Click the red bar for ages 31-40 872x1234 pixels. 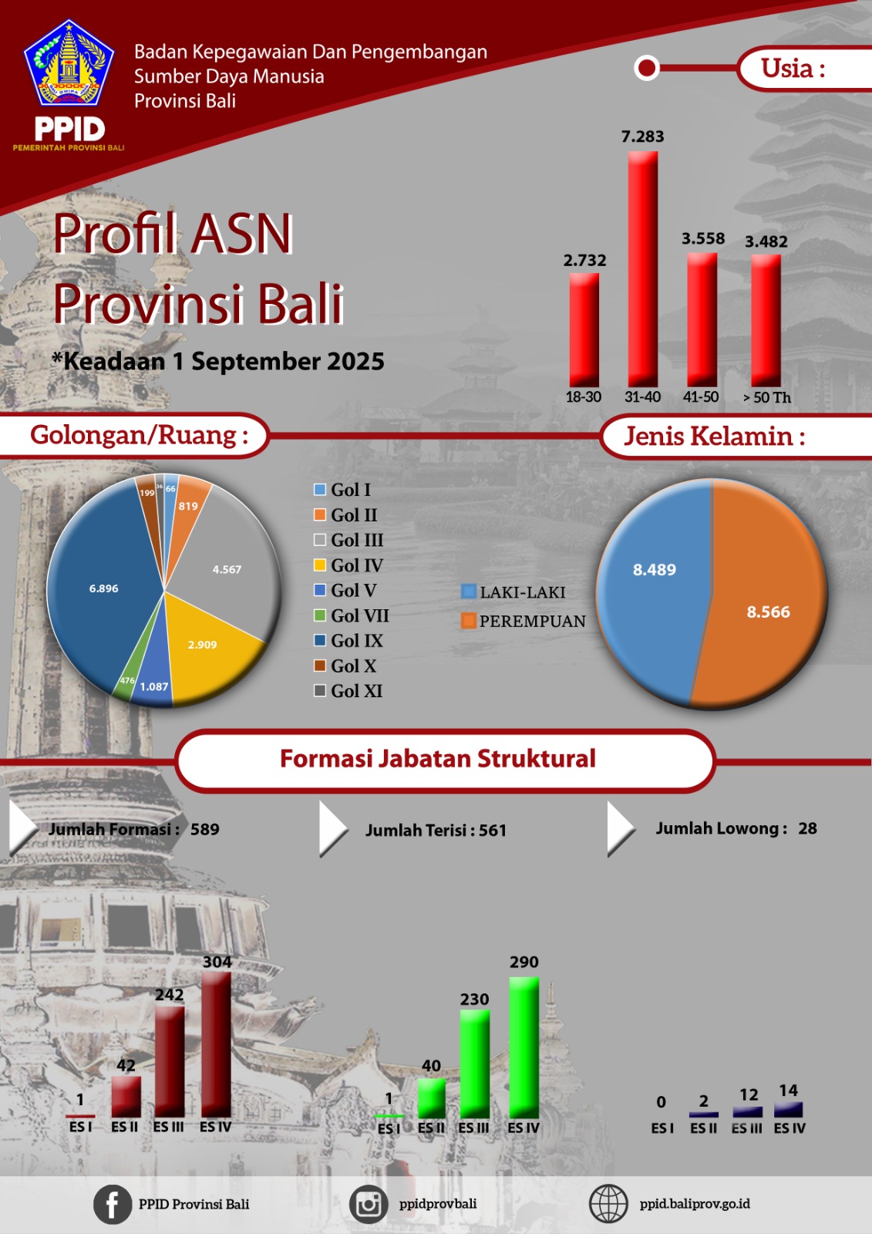(x=643, y=269)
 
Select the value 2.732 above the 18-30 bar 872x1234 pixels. (x=584, y=260)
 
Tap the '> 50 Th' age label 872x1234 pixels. (x=766, y=397)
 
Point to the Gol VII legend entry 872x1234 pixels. (x=352, y=615)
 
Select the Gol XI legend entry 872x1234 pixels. (x=348, y=691)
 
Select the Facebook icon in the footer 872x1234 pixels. (x=113, y=1204)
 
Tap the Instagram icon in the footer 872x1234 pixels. (x=369, y=1204)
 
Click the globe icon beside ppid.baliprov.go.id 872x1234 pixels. (x=608, y=1204)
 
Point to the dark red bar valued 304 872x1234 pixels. (x=217, y=1044)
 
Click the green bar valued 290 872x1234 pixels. (x=524, y=1047)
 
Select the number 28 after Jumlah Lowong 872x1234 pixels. (x=807, y=828)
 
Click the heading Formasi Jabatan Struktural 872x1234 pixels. (x=438, y=758)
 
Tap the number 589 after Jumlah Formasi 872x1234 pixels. (x=205, y=829)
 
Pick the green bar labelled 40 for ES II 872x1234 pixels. (x=431, y=1098)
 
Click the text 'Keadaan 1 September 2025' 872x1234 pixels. (x=224, y=362)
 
